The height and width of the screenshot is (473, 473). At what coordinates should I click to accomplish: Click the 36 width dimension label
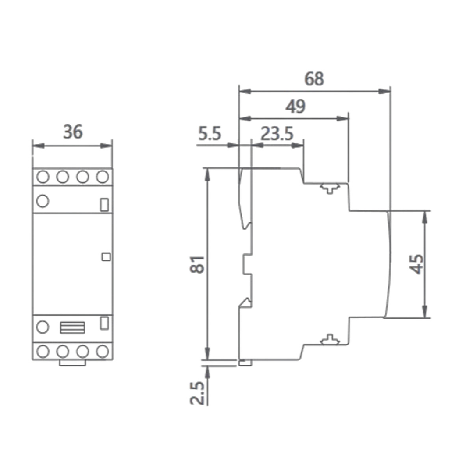pos(73,132)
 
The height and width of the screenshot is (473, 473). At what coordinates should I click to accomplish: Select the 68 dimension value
pos(314,79)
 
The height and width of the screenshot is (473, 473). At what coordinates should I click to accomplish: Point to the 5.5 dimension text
pos(210,134)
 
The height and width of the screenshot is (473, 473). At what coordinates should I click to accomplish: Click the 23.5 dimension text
pos(277,134)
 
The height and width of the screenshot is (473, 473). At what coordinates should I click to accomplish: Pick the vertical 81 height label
pos(197,264)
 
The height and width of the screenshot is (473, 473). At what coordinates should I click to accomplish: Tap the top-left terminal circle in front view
pos(43,177)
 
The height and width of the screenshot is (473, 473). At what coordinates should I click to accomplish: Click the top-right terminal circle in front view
pos(103,177)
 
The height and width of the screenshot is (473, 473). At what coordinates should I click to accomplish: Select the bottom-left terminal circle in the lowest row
pos(43,351)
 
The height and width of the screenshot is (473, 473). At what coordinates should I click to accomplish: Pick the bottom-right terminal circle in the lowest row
pos(103,351)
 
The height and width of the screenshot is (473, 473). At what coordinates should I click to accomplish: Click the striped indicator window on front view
pos(72,327)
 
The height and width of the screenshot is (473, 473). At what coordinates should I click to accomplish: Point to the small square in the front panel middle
pos(106,257)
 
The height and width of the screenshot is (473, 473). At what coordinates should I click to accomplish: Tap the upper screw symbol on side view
pos(330,188)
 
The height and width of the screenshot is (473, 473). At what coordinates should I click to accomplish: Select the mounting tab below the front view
pos(72,363)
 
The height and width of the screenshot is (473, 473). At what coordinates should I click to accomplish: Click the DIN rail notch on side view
pos(246,264)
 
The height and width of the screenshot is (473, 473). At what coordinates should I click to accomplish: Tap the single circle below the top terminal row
pos(43,201)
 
